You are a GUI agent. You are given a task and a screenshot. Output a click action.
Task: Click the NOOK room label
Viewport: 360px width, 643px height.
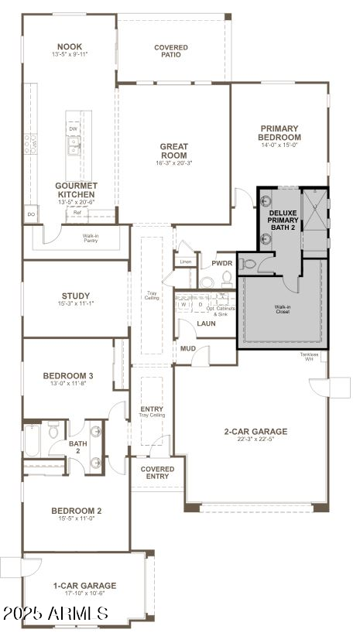[x=70, y=46]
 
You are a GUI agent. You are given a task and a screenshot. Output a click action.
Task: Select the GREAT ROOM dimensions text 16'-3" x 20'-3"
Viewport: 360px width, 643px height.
[x=174, y=163]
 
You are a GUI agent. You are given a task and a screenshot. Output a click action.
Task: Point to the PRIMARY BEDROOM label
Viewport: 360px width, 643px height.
[x=279, y=132]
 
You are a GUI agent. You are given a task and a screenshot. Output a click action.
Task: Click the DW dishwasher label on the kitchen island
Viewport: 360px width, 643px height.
[x=73, y=128]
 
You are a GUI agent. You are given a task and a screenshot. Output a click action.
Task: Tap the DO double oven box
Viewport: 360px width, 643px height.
[x=31, y=214]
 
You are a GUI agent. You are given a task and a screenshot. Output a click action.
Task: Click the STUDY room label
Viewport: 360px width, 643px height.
[x=76, y=296]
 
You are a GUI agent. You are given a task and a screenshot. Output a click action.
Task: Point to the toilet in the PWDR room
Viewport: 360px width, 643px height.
[x=206, y=280]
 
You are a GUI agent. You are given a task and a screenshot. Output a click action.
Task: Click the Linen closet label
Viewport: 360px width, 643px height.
[x=186, y=262]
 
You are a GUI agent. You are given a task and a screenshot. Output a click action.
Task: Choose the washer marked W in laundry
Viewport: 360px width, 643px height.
[x=183, y=305]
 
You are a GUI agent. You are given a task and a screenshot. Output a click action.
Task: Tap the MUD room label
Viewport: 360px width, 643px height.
[x=188, y=349]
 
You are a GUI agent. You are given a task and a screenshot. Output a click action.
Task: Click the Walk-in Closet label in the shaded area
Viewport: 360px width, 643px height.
[x=282, y=309]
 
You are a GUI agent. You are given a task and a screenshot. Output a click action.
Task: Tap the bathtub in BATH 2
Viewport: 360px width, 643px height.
[x=32, y=439]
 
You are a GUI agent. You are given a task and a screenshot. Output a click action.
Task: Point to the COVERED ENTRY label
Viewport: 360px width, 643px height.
[x=157, y=472]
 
